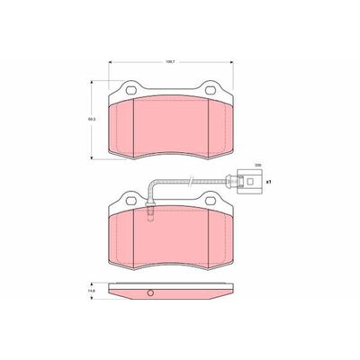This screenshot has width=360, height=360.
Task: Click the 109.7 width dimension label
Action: point(170,62)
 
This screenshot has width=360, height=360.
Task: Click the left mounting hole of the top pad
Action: point(130,90)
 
